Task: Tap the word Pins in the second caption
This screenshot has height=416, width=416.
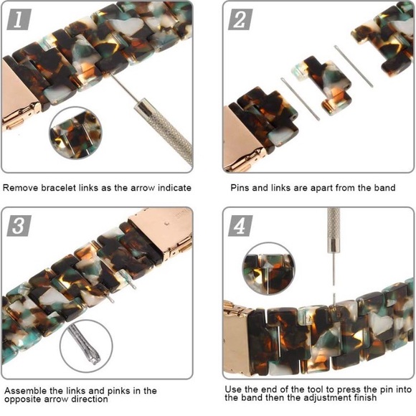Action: point(240,188)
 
